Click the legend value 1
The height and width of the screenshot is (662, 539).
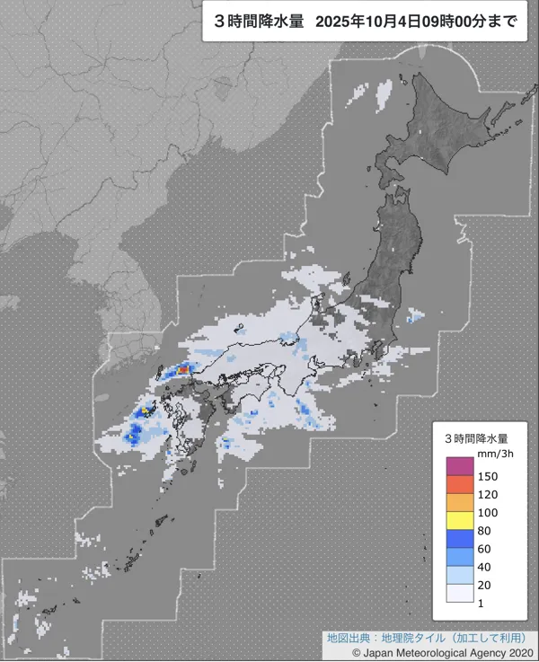[482, 603]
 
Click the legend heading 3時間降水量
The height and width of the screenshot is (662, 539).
[479, 437]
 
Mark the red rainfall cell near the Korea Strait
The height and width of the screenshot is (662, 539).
[183, 367]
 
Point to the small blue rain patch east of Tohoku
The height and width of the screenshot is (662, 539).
[414, 315]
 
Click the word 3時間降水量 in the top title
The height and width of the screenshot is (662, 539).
[252, 23]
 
